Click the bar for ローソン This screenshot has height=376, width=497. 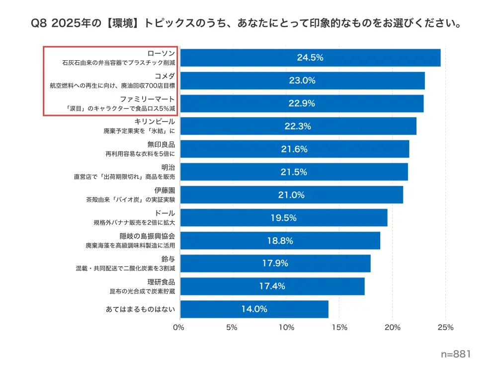click(x=310, y=58)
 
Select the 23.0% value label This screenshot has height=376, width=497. click(x=302, y=81)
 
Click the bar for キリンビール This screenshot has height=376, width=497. click(x=298, y=126)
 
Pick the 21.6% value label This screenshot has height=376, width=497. click(x=294, y=149)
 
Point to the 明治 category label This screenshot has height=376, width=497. click(x=168, y=168)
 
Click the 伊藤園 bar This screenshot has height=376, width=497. click(x=291, y=195)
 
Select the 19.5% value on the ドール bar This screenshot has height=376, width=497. click(x=283, y=218)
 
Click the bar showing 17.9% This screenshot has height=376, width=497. click(x=275, y=264)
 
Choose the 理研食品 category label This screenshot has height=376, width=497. click(x=161, y=282)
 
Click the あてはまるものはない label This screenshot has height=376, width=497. click(x=141, y=309)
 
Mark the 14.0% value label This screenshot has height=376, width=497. click(x=254, y=309)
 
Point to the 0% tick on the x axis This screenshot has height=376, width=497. click(x=178, y=328)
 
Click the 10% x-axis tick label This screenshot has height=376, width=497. click(x=286, y=328)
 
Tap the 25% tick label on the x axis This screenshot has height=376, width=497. click(x=445, y=328)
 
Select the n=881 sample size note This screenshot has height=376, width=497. click(x=455, y=354)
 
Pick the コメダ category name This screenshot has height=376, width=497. click(x=165, y=76)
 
